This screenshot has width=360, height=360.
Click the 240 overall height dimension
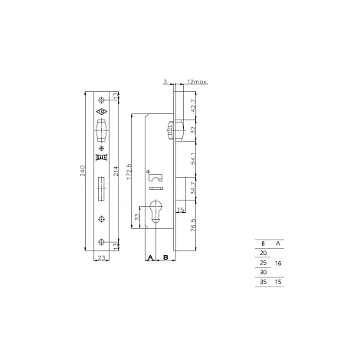click(x=83, y=171)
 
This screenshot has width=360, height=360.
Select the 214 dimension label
click(x=116, y=171)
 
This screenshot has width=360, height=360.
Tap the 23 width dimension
click(x=101, y=258)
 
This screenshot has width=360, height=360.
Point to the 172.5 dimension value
click(x=129, y=172)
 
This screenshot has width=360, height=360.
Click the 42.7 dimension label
click(x=194, y=106)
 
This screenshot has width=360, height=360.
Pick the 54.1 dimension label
click(x=194, y=159)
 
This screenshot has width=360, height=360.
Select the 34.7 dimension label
click(x=194, y=188)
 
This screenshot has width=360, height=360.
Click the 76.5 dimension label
click(x=194, y=225)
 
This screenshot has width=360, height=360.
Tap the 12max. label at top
click(x=198, y=82)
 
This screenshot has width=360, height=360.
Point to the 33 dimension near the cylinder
click(x=137, y=217)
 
